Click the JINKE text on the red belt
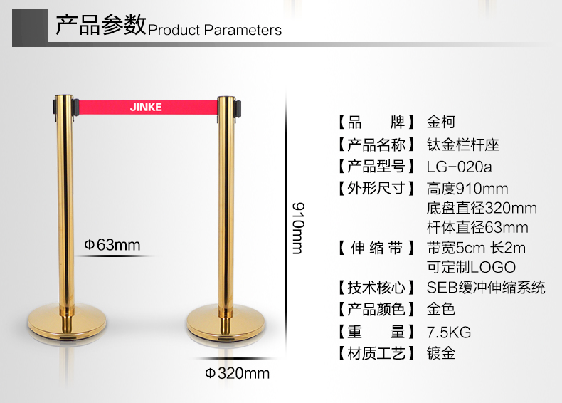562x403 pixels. click(x=146, y=107)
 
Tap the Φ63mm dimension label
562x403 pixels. click(x=112, y=245)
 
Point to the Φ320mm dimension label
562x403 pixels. click(x=238, y=373)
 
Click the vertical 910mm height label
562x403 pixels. click(x=298, y=229)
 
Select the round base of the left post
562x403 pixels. click(x=67, y=322)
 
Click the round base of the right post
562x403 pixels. click(x=226, y=323)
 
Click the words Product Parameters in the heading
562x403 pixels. click(x=215, y=30)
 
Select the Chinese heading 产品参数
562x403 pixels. click(x=101, y=24)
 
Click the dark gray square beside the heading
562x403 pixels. click(x=30, y=27)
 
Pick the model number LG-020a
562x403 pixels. click(x=459, y=167)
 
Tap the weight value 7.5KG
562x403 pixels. click(x=449, y=333)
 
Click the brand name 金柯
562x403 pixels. click(x=441, y=122)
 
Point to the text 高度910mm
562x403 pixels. click(x=467, y=189)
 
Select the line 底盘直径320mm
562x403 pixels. click(x=482, y=208)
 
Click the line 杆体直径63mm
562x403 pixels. click(x=477, y=228)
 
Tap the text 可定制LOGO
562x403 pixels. click(x=472, y=267)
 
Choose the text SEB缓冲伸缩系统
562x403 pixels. click(x=486, y=287)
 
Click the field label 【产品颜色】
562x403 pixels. click(x=376, y=309)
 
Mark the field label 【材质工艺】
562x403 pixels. click(x=376, y=353)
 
